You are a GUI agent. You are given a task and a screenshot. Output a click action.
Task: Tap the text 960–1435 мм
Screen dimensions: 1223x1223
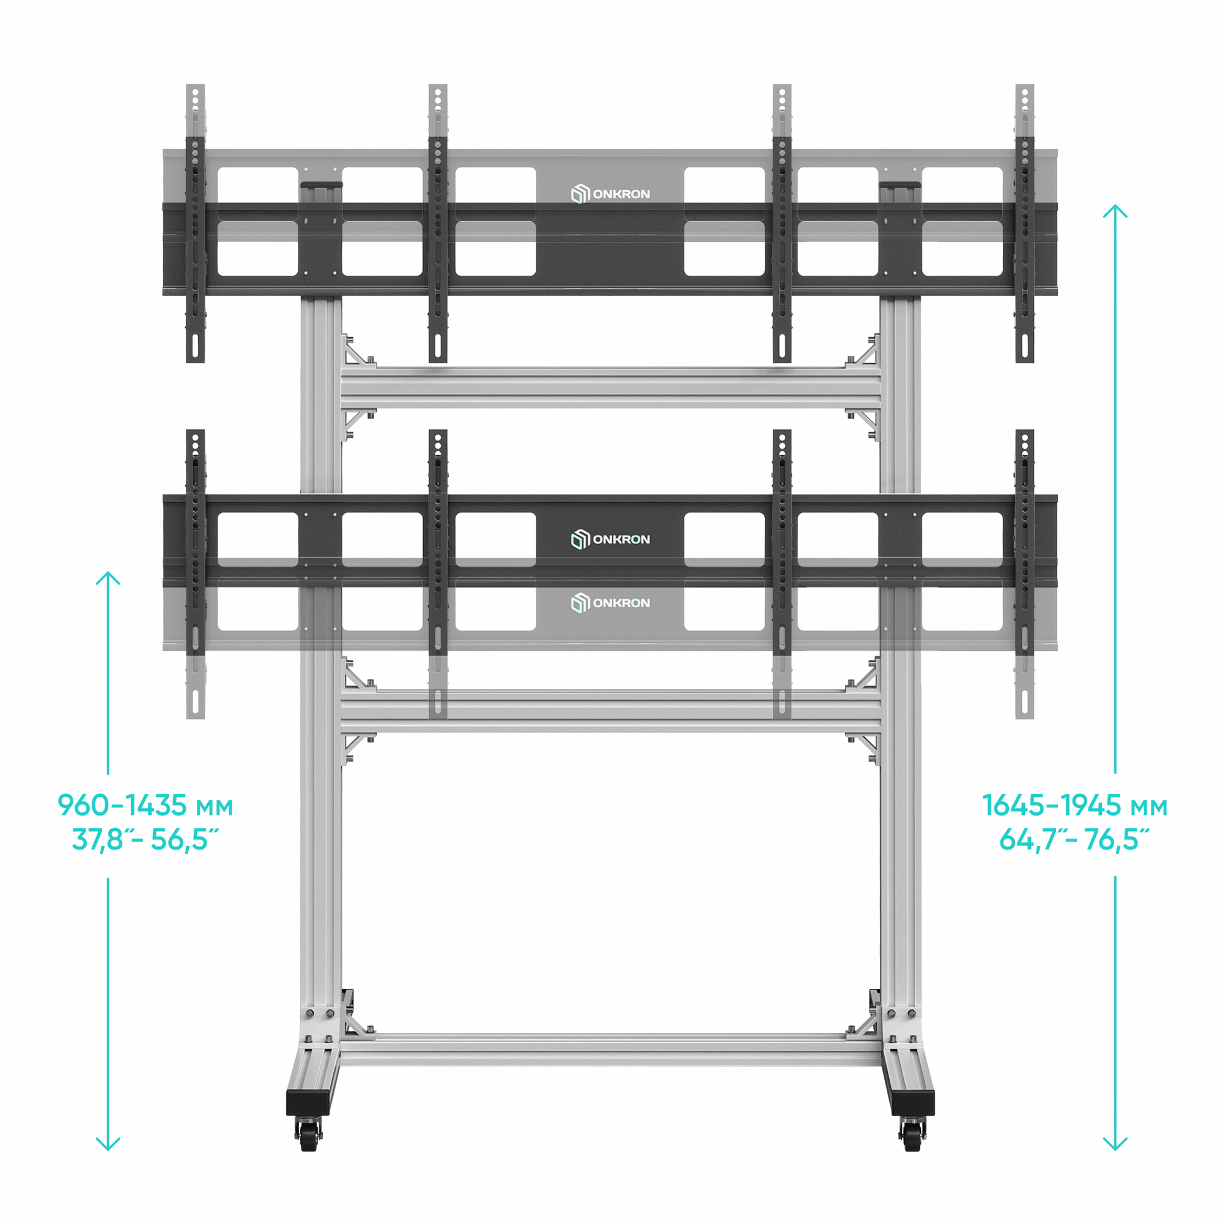tap(146, 806)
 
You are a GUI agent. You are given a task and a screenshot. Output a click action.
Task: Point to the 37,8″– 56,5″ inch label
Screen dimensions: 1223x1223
tap(146, 840)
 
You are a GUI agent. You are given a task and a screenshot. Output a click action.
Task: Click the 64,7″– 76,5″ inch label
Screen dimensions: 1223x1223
tap(1075, 840)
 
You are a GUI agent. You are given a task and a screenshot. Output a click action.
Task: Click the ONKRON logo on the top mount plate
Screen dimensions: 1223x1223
tap(610, 194)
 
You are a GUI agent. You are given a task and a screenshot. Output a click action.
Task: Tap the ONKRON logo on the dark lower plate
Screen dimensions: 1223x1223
tap(610, 539)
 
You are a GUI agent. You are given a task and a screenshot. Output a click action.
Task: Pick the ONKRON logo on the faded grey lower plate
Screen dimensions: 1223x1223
tap(610, 603)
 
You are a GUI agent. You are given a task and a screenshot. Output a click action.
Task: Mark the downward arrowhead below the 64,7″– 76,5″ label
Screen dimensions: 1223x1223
tap(1115, 1162)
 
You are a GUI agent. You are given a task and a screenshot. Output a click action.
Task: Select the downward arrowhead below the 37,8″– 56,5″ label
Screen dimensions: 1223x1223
tap(108, 1162)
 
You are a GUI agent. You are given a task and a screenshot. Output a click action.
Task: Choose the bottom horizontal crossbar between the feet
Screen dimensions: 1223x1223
tap(610, 1050)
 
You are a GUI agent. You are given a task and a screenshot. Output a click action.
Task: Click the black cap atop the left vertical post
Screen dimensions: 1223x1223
tap(322, 185)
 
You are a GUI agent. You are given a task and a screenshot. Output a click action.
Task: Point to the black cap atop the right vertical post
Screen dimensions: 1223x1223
tap(900, 185)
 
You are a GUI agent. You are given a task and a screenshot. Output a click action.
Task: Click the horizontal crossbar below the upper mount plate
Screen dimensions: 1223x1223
tap(610, 388)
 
